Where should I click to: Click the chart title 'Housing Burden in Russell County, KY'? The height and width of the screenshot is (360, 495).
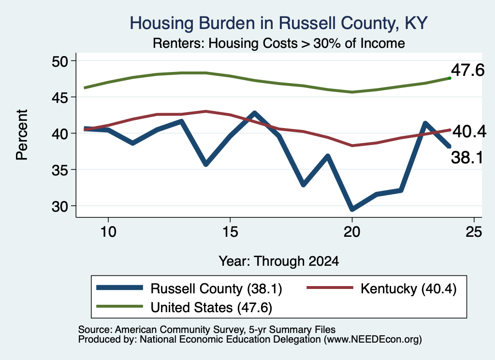click(x=279, y=23)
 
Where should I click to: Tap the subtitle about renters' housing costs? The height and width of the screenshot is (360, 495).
click(x=279, y=43)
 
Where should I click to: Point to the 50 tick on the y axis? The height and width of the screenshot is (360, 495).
click(x=60, y=61)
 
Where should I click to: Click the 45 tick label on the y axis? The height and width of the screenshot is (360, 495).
click(x=60, y=98)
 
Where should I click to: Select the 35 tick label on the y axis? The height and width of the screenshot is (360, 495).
click(x=60, y=170)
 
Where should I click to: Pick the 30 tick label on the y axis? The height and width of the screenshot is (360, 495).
click(x=60, y=206)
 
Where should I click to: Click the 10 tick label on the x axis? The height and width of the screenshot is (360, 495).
click(x=108, y=232)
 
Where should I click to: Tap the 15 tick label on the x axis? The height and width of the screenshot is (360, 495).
click(x=230, y=232)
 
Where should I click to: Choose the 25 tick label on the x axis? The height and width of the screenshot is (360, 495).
click(x=474, y=232)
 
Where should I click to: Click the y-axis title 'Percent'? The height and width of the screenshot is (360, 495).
click(x=22, y=135)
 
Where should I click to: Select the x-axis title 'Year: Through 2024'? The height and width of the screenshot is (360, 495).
click(x=279, y=261)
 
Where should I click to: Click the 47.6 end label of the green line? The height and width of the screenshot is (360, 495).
click(x=467, y=70)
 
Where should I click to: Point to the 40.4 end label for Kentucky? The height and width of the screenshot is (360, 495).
click(x=469, y=131)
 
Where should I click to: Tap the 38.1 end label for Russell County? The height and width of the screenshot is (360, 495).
click(x=467, y=157)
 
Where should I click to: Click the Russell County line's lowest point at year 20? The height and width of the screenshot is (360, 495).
click(x=352, y=209)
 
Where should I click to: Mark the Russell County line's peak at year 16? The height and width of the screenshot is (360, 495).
click(x=254, y=113)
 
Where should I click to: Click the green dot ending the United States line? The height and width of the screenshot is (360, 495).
click(x=450, y=78)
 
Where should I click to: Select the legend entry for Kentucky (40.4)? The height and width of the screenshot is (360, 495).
click(x=382, y=288)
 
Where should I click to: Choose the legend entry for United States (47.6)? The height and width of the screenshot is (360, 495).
click(x=184, y=307)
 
